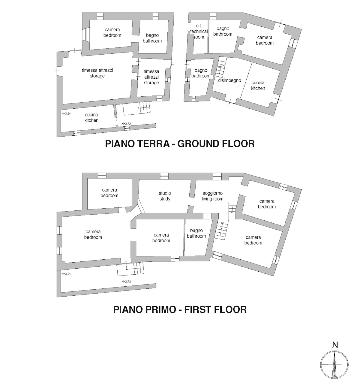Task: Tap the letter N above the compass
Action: [x=335, y=345]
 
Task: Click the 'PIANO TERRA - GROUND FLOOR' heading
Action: [x=180, y=144]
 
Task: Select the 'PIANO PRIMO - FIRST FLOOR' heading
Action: [x=180, y=309]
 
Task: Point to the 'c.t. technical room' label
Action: [x=199, y=32]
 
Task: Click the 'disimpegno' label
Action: [x=229, y=80]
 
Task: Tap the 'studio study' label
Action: [x=165, y=196]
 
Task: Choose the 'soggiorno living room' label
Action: [x=213, y=196]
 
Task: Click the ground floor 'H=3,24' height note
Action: [x=66, y=113]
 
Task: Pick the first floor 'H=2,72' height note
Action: [x=126, y=282]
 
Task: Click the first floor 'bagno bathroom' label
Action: [x=196, y=233]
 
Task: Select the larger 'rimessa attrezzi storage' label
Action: [x=97, y=73]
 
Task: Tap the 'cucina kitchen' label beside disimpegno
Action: [x=258, y=86]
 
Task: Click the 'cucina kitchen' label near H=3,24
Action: [x=91, y=117]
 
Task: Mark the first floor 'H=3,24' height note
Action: [x=66, y=274]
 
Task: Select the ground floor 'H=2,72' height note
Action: [x=126, y=124]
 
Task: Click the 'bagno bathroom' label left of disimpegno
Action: [x=201, y=73]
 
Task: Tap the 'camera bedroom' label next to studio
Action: [x=109, y=193]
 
